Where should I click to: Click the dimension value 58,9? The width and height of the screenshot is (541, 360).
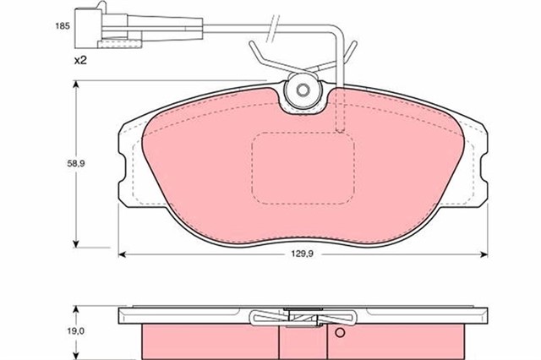76,164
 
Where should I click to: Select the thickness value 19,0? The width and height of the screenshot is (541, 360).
76,331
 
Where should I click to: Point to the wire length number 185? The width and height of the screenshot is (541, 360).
63,26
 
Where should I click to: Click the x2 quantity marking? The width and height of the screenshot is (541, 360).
80,61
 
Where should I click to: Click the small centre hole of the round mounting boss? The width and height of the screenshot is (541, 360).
303,90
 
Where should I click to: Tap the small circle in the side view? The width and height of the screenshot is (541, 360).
340,333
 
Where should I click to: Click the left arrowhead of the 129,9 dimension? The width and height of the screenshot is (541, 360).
122,254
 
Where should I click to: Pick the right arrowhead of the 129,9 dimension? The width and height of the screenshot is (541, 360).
484,254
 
